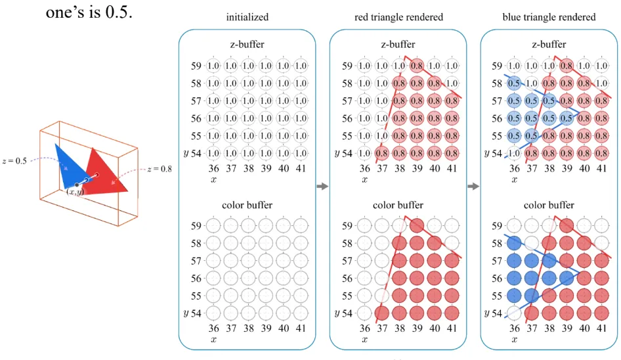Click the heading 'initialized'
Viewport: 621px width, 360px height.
click(x=247, y=17)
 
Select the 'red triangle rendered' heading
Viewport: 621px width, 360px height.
click(x=398, y=17)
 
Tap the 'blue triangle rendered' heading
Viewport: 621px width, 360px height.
click(x=549, y=17)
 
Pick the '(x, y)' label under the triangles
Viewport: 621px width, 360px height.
click(x=74, y=192)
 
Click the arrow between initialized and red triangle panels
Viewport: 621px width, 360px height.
click(x=322, y=187)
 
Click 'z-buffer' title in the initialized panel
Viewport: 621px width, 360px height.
click(x=247, y=45)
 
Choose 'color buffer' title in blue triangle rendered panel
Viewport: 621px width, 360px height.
click(x=549, y=206)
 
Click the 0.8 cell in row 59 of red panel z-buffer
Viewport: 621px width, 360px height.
click(x=416, y=66)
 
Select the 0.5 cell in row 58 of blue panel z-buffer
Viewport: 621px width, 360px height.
click(x=515, y=83)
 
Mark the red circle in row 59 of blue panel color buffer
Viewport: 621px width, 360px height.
click(x=567, y=226)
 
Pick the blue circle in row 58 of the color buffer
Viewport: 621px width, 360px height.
click(x=515, y=243)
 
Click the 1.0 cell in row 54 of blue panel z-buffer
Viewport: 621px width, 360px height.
click(x=515, y=153)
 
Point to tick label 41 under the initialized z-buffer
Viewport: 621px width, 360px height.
click(x=300, y=169)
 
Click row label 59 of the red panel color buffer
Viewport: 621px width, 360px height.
click(x=349, y=226)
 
